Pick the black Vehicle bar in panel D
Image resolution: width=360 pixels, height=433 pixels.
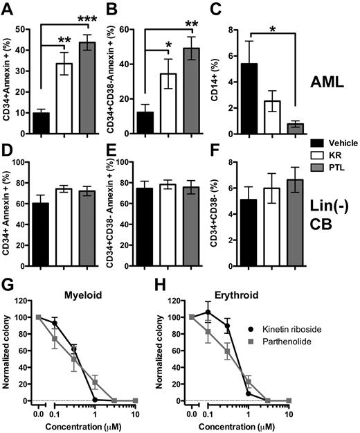pos(41,216)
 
